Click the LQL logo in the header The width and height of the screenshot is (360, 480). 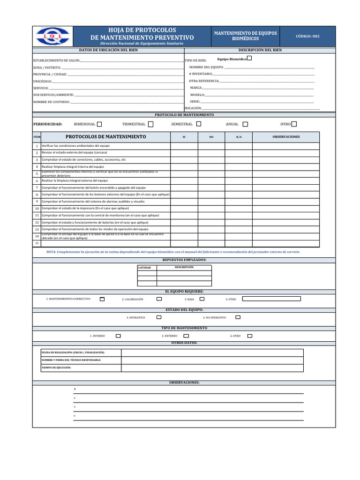pyautogui.click(x=52, y=36)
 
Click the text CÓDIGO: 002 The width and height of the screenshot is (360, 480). pyautogui.click(x=307, y=36)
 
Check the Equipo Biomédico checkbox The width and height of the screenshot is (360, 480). pyautogui.click(x=249, y=58)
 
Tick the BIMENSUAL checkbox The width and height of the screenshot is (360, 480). pyautogui.click(x=99, y=124)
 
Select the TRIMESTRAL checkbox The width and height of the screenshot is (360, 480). pyautogui.click(x=150, y=124)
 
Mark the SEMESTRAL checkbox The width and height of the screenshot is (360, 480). pyautogui.click(x=199, y=124)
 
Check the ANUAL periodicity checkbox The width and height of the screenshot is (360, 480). pyautogui.click(x=245, y=124)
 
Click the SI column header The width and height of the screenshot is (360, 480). pyautogui.click(x=184, y=137)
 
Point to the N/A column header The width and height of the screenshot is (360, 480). pyautogui.click(x=239, y=137)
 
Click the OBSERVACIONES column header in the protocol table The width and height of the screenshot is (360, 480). pyautogui.click(x=286, y=137)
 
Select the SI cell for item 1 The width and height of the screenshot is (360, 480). pyautogui.click(x=184, y=146)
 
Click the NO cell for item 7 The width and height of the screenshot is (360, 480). pyautogui.click(x=211, y=187)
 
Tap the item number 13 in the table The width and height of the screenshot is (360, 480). pyautogui.click(x=37, y=229)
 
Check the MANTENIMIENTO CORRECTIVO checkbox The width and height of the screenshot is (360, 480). pyautogui.click(x=102, y=299)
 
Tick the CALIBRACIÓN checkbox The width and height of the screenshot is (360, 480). pyautogui.click(x=159, y=299)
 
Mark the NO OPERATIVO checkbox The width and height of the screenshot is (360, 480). pyautogui.click(x=238, y=317)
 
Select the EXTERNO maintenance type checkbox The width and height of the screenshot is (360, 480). pyautogui.click(x=184, y=336)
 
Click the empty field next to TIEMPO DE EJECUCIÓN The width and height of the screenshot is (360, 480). pyautogui.click(x=212, y=367)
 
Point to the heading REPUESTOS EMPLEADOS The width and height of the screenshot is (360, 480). pyautogui.click(x=184, y=260)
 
